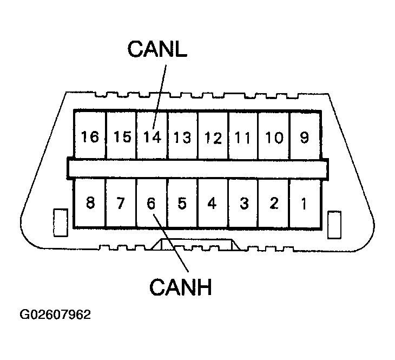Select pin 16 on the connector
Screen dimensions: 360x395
click(x=90, y=137)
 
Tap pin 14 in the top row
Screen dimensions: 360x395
click(x=152, y=137)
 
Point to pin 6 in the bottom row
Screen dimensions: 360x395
click(x=151, y=204)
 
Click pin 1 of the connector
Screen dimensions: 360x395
click(x=304, y=204)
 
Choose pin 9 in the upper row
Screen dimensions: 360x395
click(x=304, y=137)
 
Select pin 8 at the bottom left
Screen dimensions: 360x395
click(x=90, y=204)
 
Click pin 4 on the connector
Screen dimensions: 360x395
click(x=212, y=204)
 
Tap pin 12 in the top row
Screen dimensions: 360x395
click(x=213, y=137)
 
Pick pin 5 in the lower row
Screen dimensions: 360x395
click(x=182, y=204)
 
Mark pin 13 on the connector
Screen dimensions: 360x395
click(x=182, y=137)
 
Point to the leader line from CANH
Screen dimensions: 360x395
click(x=172, y=244)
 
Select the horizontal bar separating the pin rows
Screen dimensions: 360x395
click(x=198, y=168)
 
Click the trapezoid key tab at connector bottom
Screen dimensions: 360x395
click(x=195, y=244)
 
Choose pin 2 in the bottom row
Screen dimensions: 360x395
click(x=274, y=204)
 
